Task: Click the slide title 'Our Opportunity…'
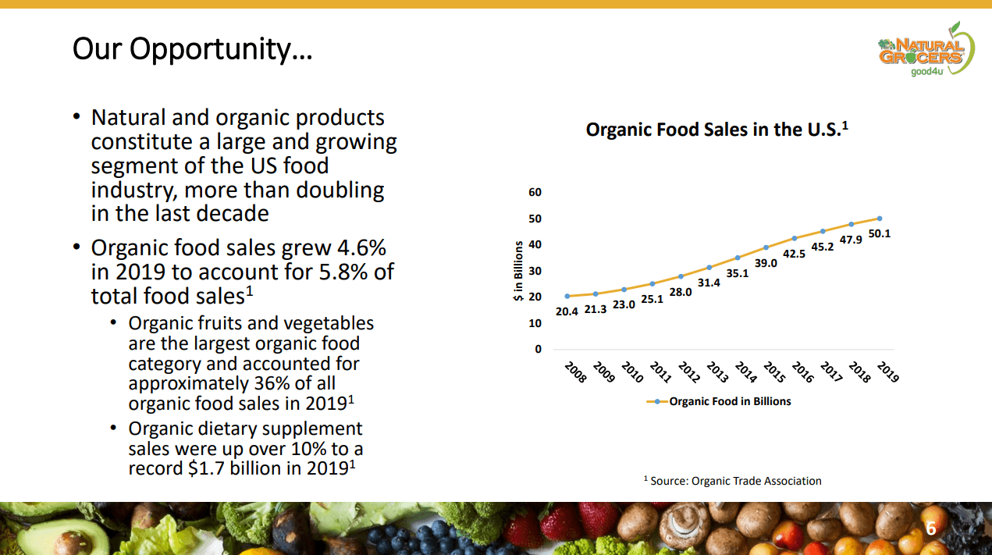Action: [192, 49]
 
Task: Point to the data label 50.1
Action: [879, 233]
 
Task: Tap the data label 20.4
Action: [567, 311]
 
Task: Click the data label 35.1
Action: [737, 273]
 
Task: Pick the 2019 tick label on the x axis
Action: [887, 372]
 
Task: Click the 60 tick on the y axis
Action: [535, 192]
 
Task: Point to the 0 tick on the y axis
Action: [538, 349]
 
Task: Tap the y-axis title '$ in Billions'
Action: [517, 271]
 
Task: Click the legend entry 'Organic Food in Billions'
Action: [730, 401]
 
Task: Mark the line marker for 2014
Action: [738, 258]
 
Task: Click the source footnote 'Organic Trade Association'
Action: [755, 481]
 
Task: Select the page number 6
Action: [930, 529]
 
